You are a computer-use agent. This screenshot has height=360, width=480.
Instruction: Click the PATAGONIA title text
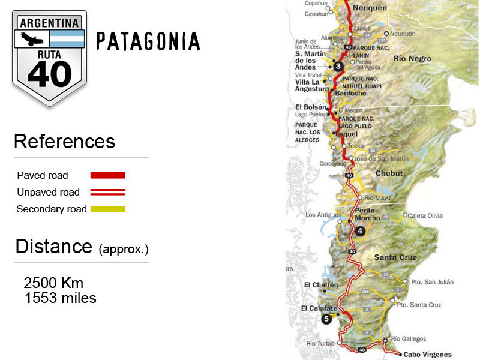[x=148, y=41]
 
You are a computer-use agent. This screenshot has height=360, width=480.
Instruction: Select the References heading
[x=64, y=142]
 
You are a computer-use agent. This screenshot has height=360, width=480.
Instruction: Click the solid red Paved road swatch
[x=107, y=175]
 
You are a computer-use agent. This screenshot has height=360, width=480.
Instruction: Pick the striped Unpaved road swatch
[x=107, y=192]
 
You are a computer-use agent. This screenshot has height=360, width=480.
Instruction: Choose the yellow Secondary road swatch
[x=107, y=209]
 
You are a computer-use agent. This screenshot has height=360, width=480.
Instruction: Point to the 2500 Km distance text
[x=53, y=283]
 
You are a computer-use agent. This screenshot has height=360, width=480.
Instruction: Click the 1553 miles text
[x=60, y=298]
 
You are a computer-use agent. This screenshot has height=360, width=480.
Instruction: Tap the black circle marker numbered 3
[x=338, y=67]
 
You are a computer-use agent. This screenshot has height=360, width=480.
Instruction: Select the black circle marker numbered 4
[x=360, y=231]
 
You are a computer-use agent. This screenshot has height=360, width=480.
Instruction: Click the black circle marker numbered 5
[x=326, y=319]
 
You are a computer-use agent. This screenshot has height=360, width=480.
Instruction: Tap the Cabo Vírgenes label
[x=427, y=355]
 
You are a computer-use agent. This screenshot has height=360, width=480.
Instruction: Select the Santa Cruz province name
[x=395, y=257]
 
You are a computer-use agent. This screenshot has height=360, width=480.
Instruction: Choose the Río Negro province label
[x=412, y=59]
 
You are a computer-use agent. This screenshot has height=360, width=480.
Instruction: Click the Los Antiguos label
[x=323, y=215]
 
